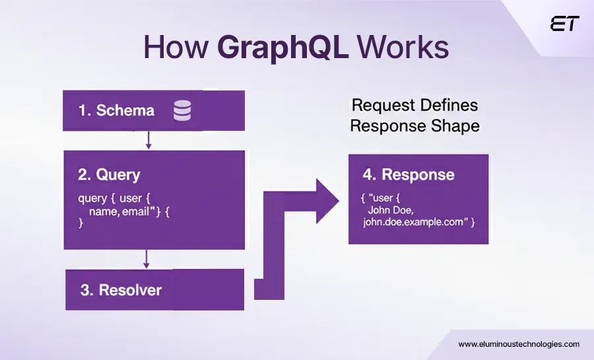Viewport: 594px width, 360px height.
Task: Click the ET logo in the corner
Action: tap(564, 24)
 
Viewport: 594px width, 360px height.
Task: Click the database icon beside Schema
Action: tap(182, 110)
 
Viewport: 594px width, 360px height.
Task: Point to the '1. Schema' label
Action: tap(116, 110)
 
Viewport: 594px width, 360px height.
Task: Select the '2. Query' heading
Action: tap(109, 174)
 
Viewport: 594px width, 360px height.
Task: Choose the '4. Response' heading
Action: tap(408, 174)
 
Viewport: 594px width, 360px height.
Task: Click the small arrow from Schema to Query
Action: tap(148, 140)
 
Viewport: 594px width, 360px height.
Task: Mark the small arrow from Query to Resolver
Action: tap(147, 259)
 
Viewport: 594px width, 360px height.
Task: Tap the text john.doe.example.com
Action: tap(412, 222)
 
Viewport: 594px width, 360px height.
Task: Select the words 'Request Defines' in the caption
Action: tap(414, 105)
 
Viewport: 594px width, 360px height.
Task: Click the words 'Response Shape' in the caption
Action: tap(414, 126)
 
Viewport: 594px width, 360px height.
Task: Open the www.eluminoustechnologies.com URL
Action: tap(519, 344)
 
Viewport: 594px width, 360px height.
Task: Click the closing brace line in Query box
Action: tap(82, 224)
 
